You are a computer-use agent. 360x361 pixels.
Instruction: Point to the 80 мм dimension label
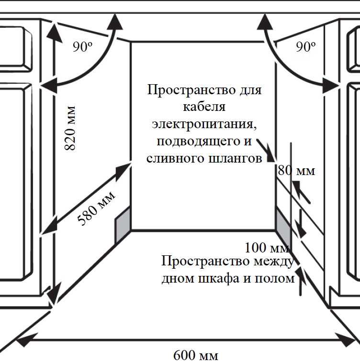297,171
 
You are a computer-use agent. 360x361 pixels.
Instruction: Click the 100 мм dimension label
267,248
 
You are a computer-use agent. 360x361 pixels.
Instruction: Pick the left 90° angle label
82,46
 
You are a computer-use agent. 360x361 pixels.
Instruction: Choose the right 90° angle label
306,46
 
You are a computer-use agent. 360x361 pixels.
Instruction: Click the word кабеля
204,108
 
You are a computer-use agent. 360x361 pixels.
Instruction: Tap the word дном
178,279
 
